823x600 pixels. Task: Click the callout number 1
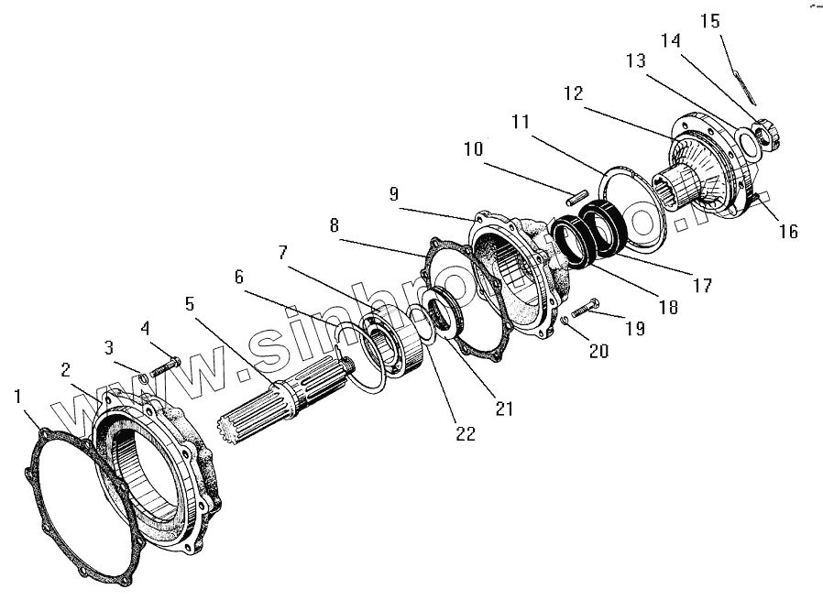click(19, 397)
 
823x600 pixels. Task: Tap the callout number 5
click(190, 303)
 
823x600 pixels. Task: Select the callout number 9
click(393, 194)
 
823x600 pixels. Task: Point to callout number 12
click(573, 93)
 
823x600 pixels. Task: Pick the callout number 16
click(788, 232)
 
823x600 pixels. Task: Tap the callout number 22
click(466, 434)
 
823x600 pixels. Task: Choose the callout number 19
click(634, 327)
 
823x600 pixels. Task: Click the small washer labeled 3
click(145, 376)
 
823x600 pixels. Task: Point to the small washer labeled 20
click(566, 320)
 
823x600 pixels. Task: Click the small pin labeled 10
click(576, 194)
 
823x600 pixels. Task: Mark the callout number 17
click(702, 285)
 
